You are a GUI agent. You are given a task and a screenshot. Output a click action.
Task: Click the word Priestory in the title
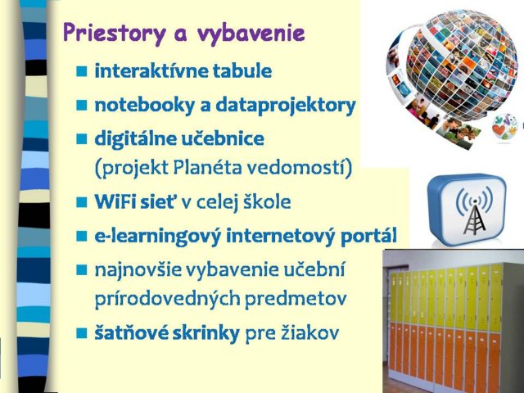[x=115, y=34]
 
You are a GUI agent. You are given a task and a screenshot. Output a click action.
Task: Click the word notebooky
[x=145, y=106]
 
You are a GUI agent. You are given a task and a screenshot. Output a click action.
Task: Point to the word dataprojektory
[x=286, y=106]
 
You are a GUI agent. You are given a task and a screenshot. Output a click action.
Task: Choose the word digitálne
[x=136, y=139]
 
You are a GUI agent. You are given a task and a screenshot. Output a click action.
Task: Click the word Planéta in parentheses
[x=207, y=167]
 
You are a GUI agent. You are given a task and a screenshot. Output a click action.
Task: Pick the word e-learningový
[x=158, y=236]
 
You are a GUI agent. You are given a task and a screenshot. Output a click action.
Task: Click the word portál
[x=369, y=236]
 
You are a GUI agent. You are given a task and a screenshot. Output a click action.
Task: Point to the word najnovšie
[x=138, y=269]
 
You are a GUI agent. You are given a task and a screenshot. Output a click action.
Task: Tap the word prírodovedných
[x=167, y=298]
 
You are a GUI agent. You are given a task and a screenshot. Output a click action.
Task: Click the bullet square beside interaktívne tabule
[x=82, y=71]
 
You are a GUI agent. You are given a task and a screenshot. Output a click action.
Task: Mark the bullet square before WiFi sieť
[x=82, y=202]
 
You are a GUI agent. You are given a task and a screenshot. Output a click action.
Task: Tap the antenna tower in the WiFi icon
[x=475, y=216]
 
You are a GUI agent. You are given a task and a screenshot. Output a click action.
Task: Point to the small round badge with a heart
[x=504, y=128]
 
